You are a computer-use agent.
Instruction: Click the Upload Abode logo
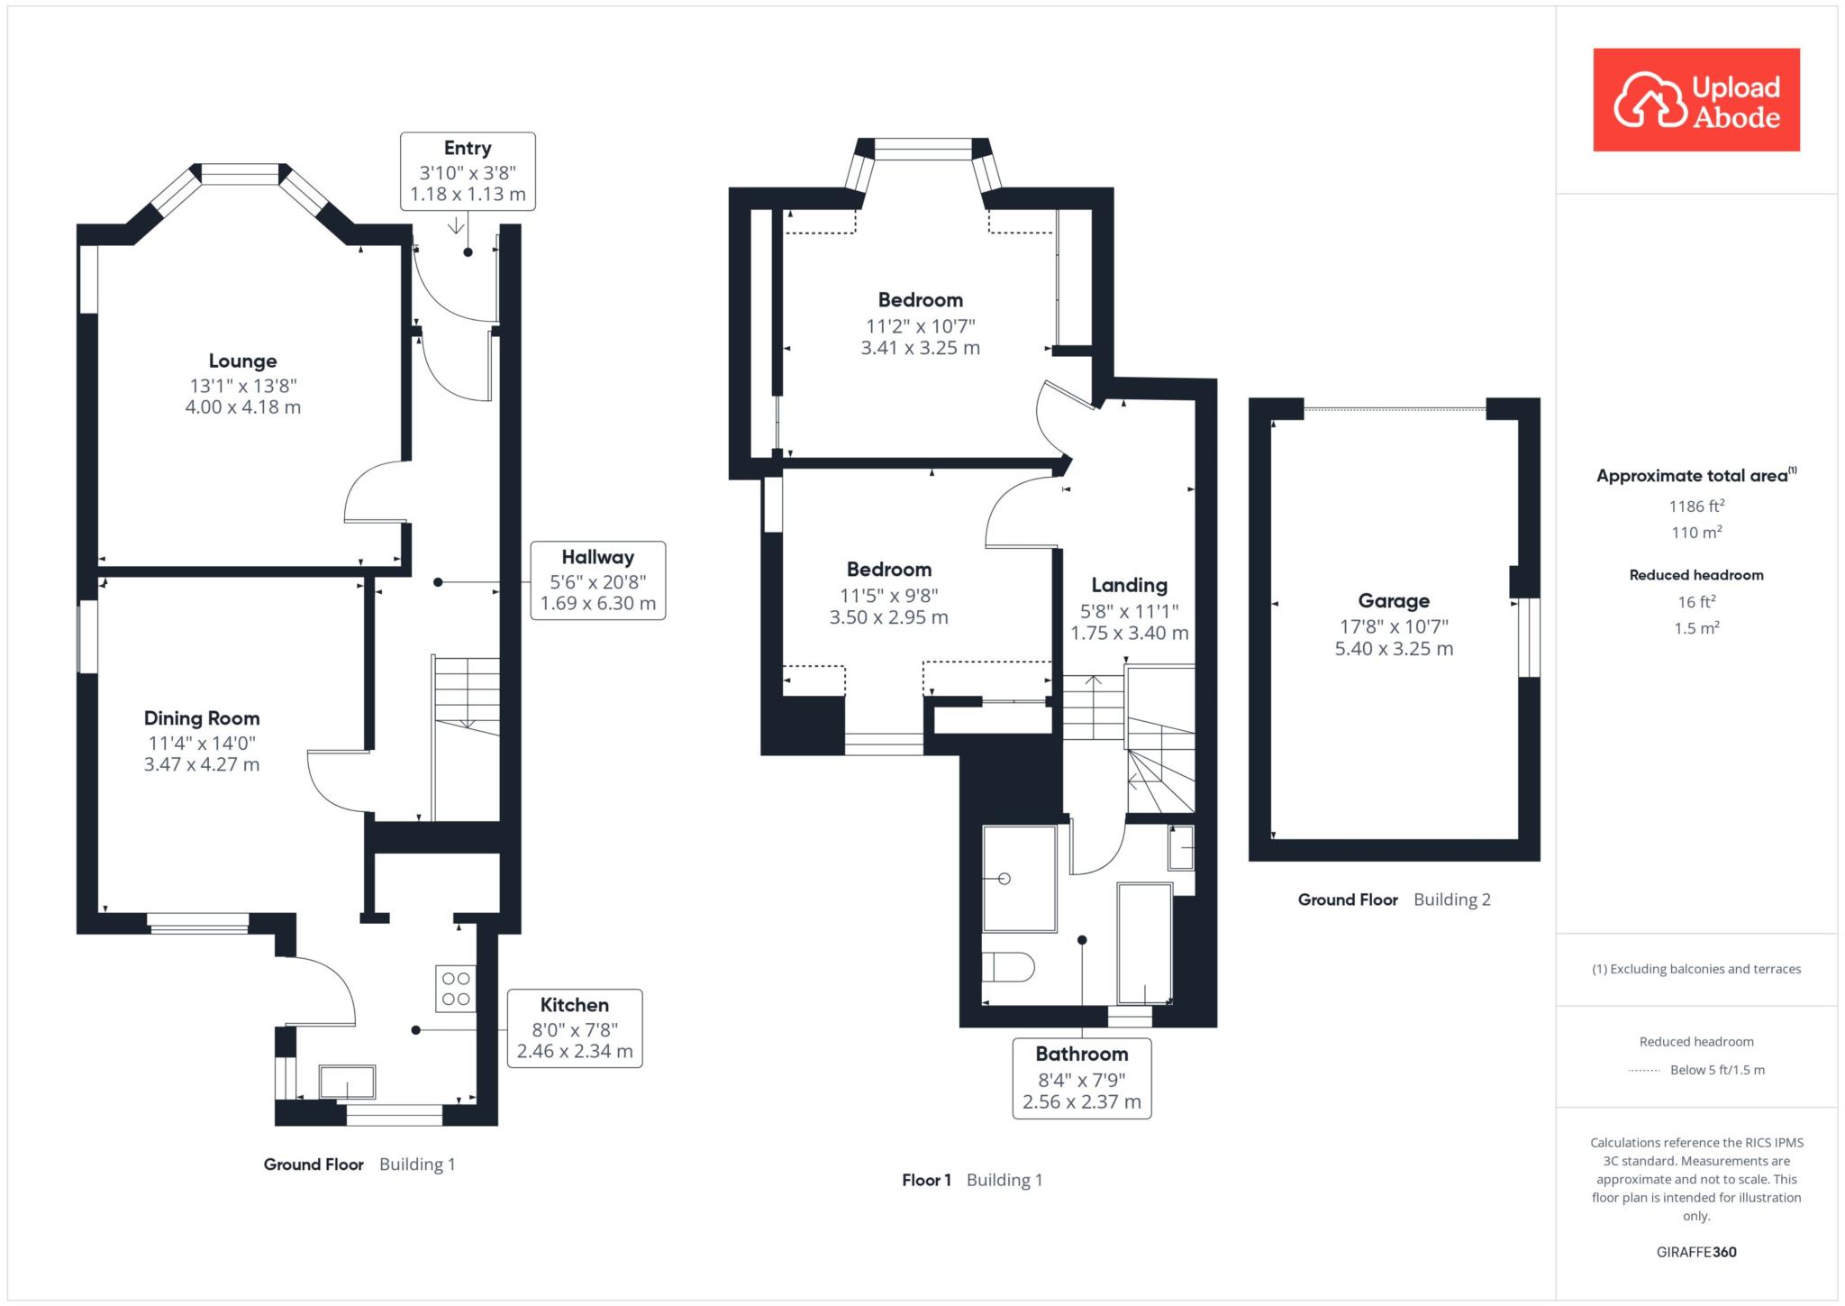point(1696,100)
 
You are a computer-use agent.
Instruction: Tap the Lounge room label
point(242,361)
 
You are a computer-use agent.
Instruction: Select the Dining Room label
point(202,718)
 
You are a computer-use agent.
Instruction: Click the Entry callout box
point(468,171)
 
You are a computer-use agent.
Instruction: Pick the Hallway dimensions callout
point(598,580)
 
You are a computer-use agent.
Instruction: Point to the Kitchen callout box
point(575,1028)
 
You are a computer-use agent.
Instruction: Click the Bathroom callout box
point(1082,1078)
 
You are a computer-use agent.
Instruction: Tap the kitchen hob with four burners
point(456,988)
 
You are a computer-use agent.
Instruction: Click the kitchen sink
point(348,1082)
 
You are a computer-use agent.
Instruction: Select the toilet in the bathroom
point(1008,968)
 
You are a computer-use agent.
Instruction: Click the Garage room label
point(1394,601)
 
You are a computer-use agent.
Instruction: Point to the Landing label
point(1130,585)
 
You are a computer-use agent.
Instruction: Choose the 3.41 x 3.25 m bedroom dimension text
point(921,348)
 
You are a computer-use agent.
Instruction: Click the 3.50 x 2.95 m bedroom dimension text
point(889,617)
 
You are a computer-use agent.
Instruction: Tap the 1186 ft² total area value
point(1697,506)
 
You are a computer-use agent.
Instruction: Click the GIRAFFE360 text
point(1696,1252)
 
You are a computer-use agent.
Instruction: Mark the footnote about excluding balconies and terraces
point(1696,969)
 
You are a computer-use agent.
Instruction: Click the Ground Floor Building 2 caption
point(1395,900)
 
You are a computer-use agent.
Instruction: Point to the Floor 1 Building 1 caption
point(972,1180)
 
